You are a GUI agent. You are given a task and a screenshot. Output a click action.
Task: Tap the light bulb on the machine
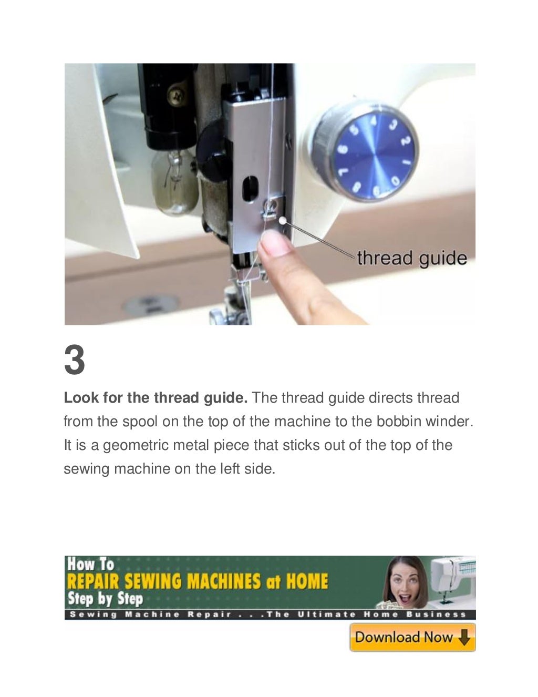[175, 181]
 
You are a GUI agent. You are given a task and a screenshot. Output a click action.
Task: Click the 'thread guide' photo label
[411, 258]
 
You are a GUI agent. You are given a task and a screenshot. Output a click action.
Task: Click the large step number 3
[74, 361]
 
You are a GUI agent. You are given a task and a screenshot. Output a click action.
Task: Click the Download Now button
[412, 638]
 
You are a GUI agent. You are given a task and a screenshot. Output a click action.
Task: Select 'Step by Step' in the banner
[105, 599]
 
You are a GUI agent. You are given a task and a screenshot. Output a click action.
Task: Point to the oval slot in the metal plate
[250, 186]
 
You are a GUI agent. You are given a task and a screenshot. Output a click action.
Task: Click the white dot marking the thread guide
[283, 221]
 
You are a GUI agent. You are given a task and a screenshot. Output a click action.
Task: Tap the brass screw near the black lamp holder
[176, 97]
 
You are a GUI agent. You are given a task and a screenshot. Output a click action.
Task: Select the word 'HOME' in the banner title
[307, 582]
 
